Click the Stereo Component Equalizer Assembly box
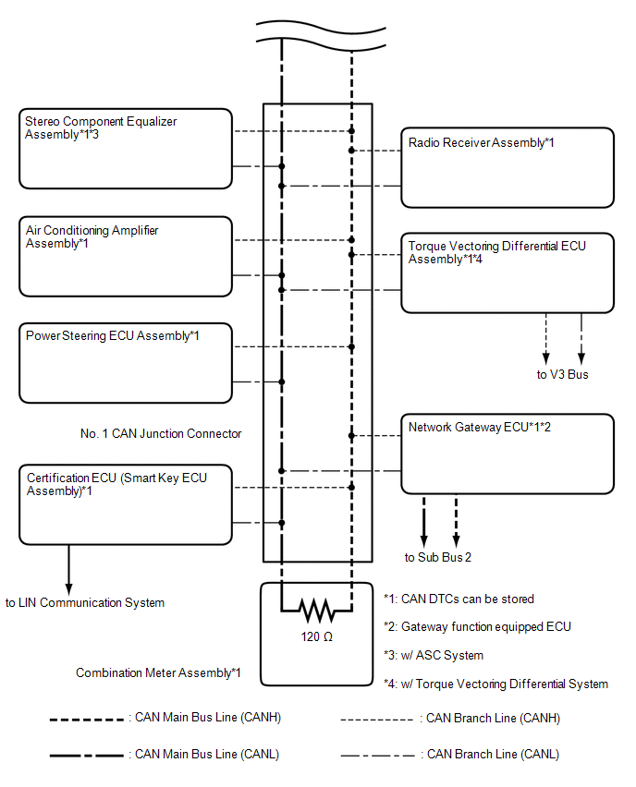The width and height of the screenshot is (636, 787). click(x=126, y=149)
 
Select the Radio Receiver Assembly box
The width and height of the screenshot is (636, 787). click(x=508, y=167)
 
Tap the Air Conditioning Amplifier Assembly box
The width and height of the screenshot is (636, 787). click(x=126, y=257)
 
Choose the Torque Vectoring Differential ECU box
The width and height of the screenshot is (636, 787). click(x=508, y=273)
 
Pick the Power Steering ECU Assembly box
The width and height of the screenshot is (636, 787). click(x=126, y=363)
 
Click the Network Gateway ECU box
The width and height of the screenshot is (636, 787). click(x=508, y=454)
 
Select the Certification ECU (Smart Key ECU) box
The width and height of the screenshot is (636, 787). click(x=126, y=504)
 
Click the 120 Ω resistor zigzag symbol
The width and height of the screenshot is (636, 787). click(x=316, y=611)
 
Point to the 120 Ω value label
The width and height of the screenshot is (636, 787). click(x=316, y=637)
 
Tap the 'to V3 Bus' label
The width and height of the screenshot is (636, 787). click(x=562, y=374)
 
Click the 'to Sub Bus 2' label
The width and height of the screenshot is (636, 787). click(x=437, y=557)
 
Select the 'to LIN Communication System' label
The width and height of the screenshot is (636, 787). click(x=85, y=602)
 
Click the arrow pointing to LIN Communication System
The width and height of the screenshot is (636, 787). click(x=68, y=570)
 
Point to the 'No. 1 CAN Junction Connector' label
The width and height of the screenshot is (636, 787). click(x=161, y=433)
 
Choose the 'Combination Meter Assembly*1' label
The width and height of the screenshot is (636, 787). click(x=158, y=672)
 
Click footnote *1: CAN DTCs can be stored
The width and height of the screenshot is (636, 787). click(x=459, y=599)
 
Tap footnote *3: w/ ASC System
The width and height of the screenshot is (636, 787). click(x=434, y=655)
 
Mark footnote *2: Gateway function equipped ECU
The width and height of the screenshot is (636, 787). click(x=477, y=627)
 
